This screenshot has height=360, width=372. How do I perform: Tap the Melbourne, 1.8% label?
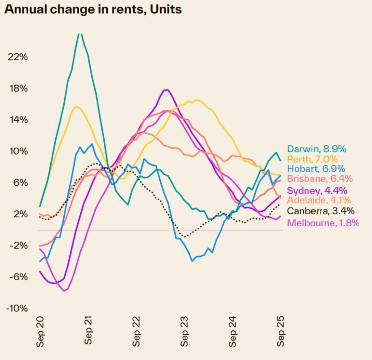(324, 223)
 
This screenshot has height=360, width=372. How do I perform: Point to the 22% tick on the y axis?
(18, 57)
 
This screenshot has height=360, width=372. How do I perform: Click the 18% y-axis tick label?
(18, 88)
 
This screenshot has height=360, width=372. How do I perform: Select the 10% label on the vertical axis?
(18, 151)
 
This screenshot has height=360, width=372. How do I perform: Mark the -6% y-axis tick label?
(18, 277)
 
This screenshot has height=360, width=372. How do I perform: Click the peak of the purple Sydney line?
(166, 90)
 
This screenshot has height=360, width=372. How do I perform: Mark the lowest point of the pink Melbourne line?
(65, 290)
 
